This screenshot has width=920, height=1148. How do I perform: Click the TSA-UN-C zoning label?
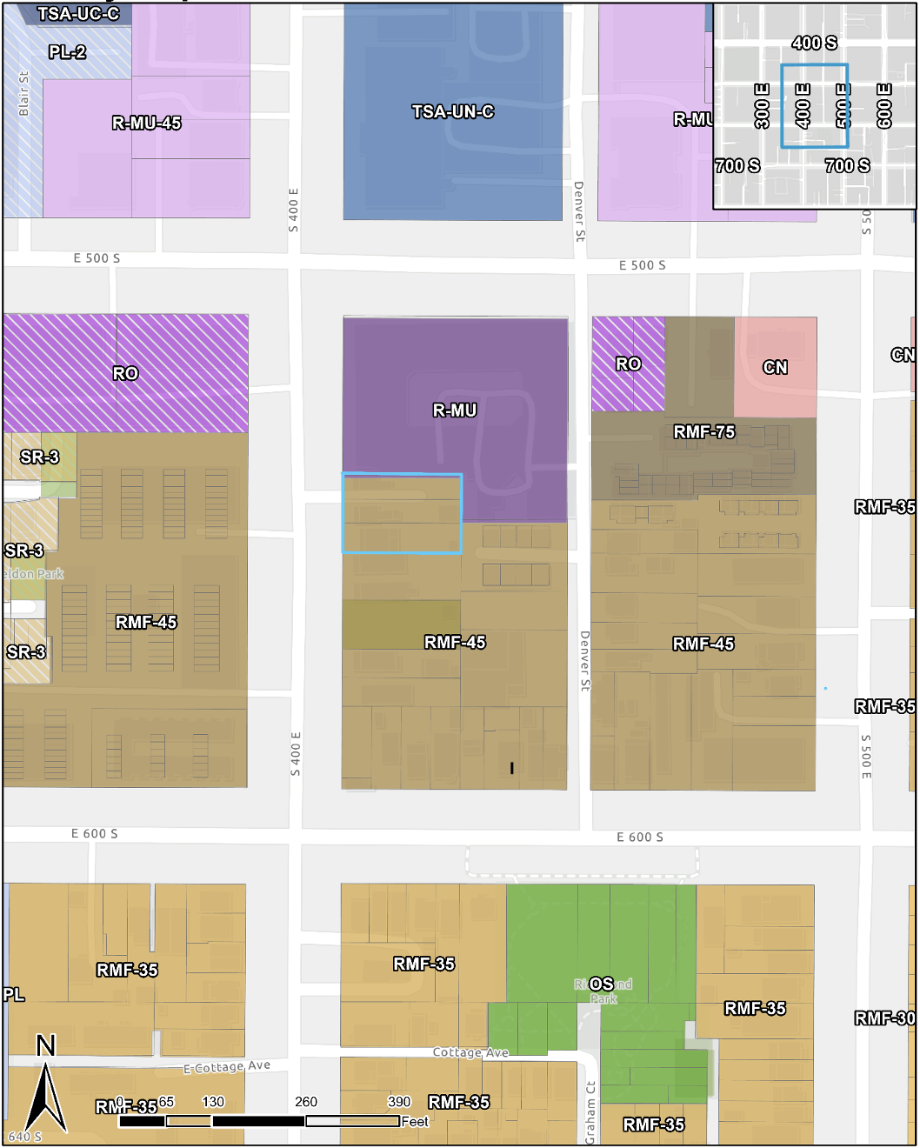click(x=453, y=111)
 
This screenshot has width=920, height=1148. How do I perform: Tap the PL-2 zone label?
click(x=67, y=52)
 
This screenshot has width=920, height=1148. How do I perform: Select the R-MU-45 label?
click(x=146, y=123)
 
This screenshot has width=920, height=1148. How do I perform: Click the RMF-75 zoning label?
click(x=703, y=431)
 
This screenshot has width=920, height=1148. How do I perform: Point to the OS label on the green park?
click(x=601, y=984)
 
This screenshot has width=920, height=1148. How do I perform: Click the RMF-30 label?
click(x=884, y=1018)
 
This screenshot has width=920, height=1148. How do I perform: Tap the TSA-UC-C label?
click(x=78, y=14)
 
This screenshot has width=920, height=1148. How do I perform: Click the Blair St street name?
click(x=23, y=93)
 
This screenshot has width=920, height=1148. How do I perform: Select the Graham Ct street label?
click(x=590, y=1111)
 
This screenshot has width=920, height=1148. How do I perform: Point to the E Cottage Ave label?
click(x=227, y=1066)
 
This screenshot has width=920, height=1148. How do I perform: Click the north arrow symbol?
click(x=46, y=1087)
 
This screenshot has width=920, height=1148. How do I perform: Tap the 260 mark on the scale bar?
click(x=306, y=1102)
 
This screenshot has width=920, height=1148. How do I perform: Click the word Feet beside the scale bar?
click(x=415, y=1122)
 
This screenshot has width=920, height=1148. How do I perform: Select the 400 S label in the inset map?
click(x=814, y=43)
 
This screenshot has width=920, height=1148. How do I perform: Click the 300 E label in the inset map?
click(x=762, y=106)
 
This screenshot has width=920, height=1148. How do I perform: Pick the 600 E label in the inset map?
click(x=884, y=106)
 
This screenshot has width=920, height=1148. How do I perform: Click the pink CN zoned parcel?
click(x=776, y=367)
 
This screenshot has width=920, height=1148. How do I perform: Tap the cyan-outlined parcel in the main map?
click(x=402, y=514)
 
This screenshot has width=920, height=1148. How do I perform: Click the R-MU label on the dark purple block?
click(x=455, y=410)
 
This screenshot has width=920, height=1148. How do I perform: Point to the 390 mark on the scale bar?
click(x=398, y=1102)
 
